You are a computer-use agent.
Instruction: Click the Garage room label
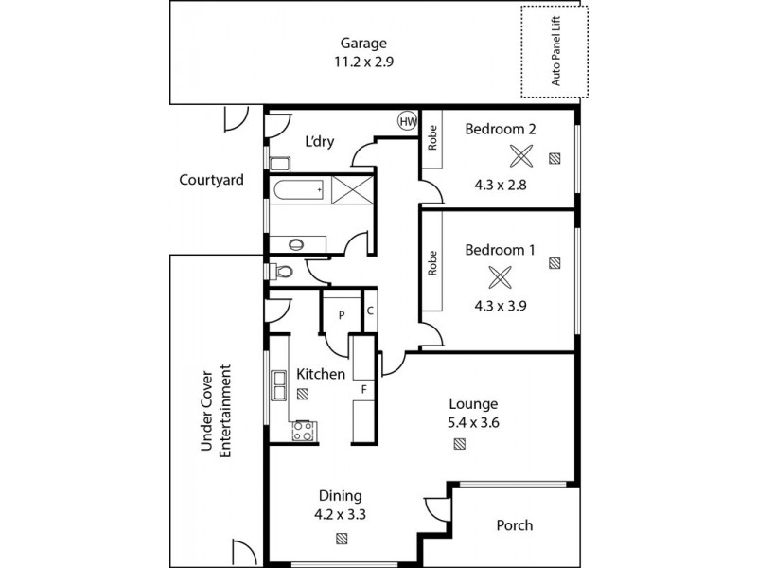(x=364, y=44)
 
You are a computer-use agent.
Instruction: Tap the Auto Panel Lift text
(x=555, y=52)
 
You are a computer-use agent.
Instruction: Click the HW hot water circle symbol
(x=408, y=121)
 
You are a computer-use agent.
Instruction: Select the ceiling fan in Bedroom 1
(x=501, y=277)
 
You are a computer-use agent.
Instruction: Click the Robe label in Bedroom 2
(x=432, y=138)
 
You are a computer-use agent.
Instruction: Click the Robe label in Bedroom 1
(x=432, y=262)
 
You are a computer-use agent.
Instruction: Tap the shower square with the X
(x=349, y=190)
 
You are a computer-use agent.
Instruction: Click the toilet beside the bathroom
(x=281, y=271)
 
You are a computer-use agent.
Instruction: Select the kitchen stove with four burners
(x=304, y=432)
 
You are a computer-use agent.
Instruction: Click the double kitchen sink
(x=279, y=385)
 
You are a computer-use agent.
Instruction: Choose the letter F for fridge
(x=363, y=389)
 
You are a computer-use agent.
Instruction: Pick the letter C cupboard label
(x=370, y=310)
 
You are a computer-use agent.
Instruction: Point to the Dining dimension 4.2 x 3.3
(x=340, y=515)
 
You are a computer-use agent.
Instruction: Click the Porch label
(x=515, y=525)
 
